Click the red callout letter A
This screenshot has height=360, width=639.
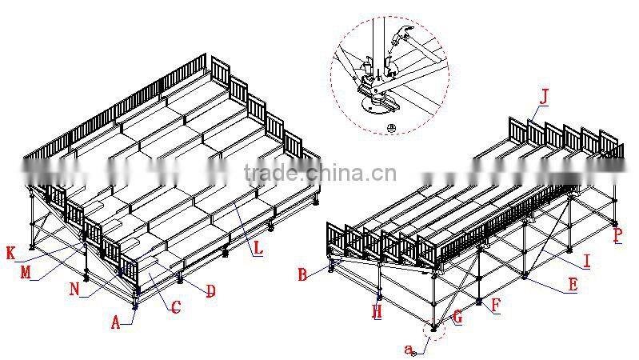click(116, 322)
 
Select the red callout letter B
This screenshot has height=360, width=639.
click(302, 274)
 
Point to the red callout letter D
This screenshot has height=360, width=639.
click(210, 292)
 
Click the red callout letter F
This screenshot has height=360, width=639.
click(496, 305)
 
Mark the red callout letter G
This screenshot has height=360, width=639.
click(457, 318)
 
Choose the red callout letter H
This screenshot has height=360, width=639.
click(377, 312)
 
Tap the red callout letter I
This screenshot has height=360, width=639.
click(587, 261)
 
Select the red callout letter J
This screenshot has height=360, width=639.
click(545, 98)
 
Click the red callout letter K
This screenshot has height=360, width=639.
click(10, 254)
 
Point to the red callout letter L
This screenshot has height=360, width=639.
click(257, 249)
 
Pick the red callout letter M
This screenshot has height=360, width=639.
click(26, 273)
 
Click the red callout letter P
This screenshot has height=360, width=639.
click(617, 235)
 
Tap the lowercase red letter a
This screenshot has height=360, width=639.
click(408, 349)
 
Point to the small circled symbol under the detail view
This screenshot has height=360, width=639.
click(391, 127)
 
